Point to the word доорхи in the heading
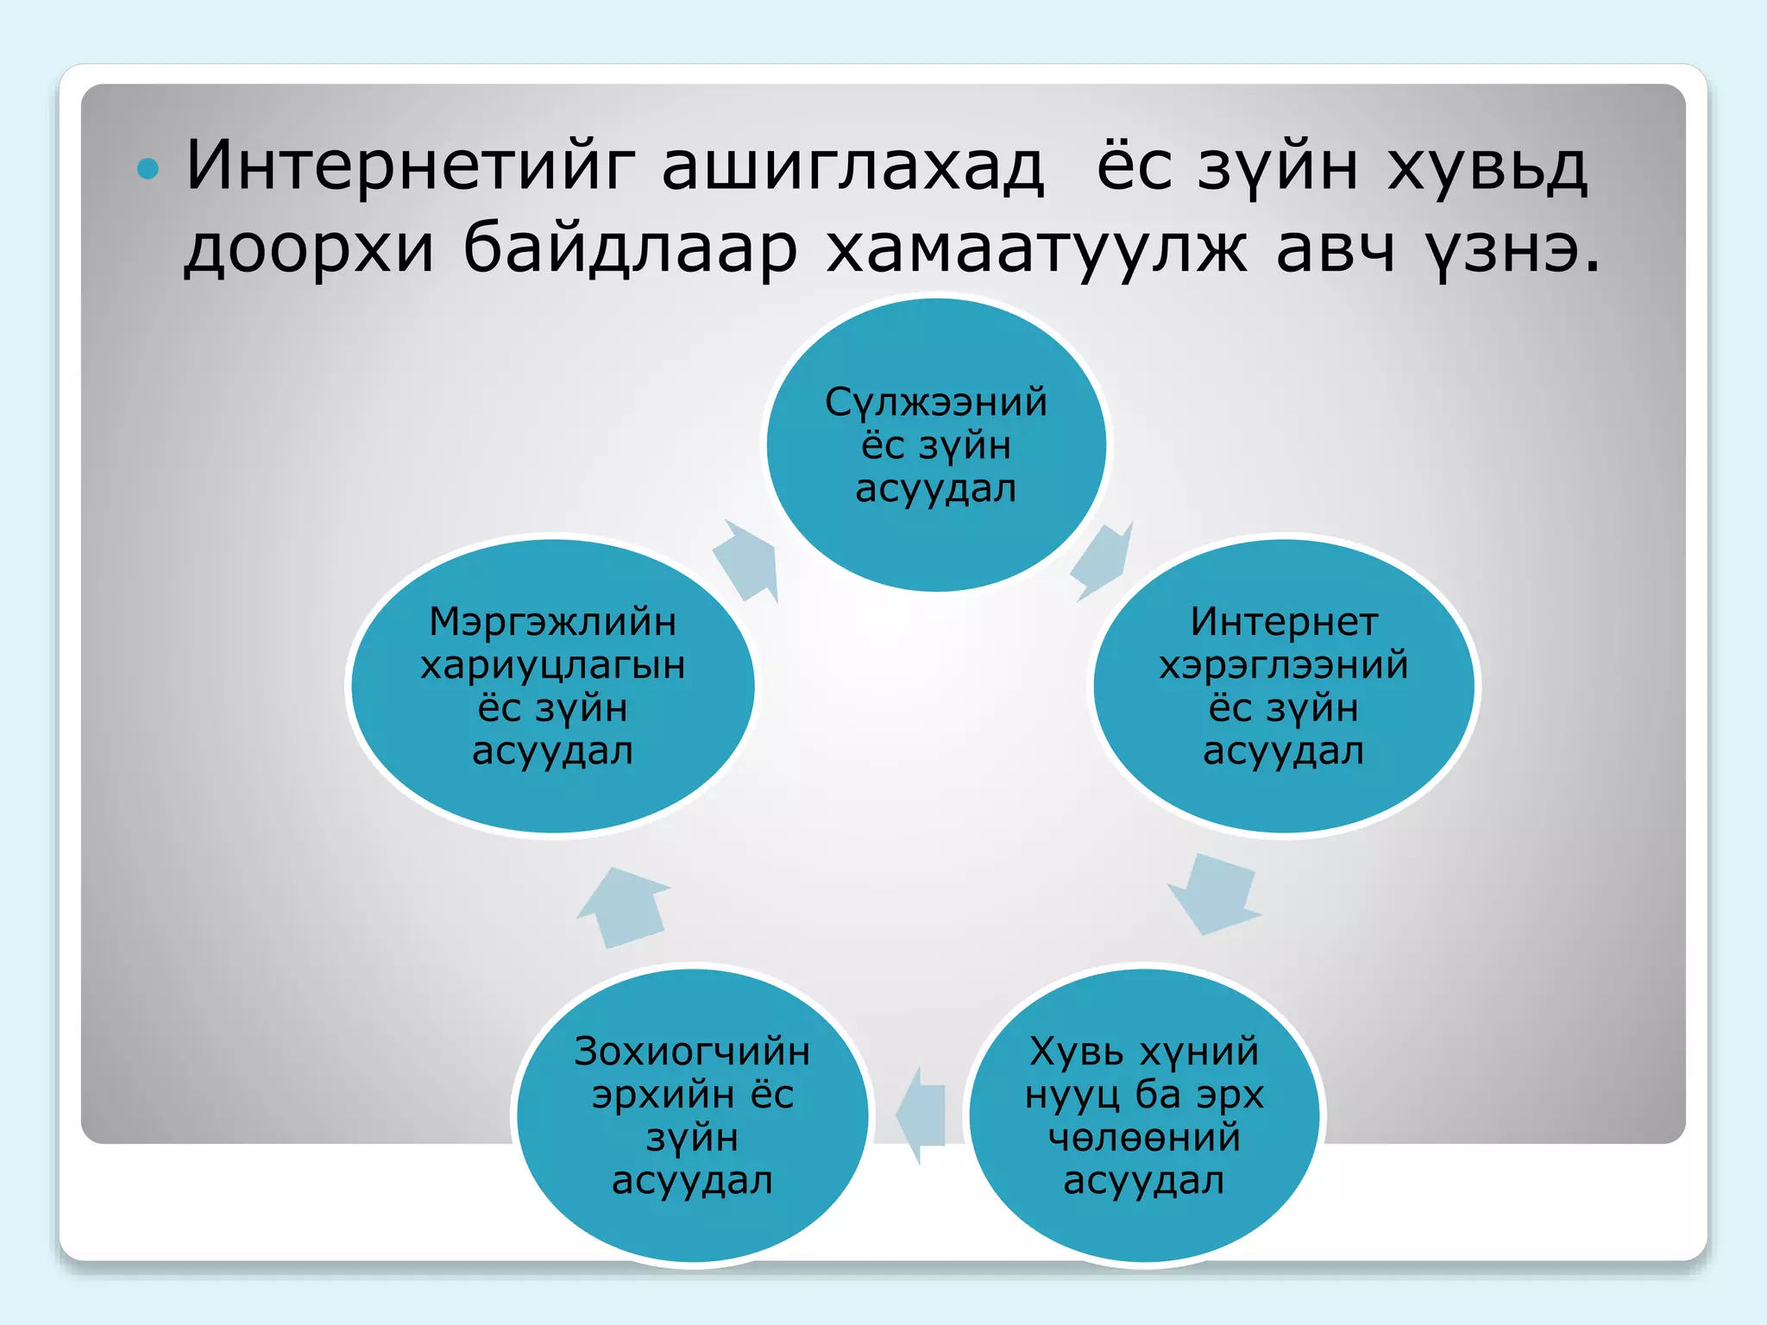point(309,250)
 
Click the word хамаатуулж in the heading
point(1036,250)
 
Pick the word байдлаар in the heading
point(630,250)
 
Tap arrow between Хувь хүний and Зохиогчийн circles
point(921,1115)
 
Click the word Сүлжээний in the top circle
point(936,403)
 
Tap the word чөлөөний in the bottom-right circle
point(1144,1138)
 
